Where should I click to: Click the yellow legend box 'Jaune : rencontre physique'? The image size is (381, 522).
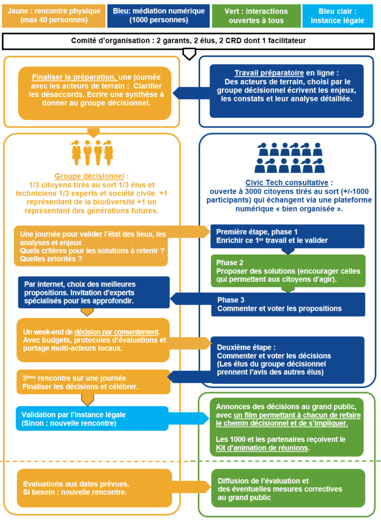point(53,16)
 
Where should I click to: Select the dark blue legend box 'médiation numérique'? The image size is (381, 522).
point(158,16)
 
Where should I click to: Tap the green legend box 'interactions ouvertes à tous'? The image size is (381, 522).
point(256,16)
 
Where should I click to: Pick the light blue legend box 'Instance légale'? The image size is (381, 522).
point(337,16)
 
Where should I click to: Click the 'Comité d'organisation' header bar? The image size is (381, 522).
point(188,41)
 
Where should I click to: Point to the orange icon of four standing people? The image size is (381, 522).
point(92,152)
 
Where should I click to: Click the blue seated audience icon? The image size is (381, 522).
point(289,158)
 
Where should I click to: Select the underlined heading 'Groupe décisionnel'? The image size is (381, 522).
point(89,176)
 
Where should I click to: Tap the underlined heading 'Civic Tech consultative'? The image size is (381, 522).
point(287,182)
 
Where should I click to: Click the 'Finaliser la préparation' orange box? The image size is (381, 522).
point(95,93)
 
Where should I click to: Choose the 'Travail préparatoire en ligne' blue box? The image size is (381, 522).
point(286,91)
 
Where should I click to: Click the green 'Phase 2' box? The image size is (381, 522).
point(288,271)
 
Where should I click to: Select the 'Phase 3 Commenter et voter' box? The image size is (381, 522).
point(288,304)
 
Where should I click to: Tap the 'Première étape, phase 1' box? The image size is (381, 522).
point(287,237)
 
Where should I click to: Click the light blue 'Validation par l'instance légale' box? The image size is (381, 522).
point(92,419)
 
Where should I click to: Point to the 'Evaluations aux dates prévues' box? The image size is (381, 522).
point(95,488)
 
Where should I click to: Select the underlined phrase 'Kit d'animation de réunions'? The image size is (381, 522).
point(262,448)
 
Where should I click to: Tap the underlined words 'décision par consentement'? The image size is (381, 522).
point(117,332)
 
